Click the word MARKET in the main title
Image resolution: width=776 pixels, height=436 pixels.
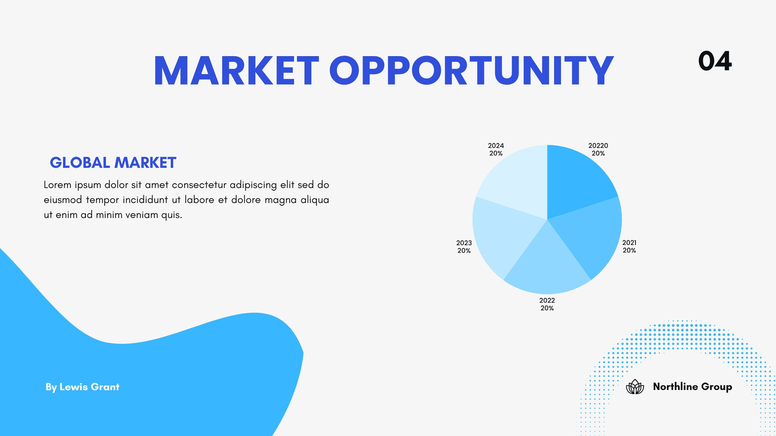(x=236, y=71)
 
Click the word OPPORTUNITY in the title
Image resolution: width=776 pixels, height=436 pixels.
(x=471, y=71)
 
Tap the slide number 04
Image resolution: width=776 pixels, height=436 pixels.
(x=715, y=61)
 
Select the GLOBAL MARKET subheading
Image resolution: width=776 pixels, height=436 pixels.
(x=113, y=163)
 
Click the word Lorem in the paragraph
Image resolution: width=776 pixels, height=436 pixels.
(x=58, y=185)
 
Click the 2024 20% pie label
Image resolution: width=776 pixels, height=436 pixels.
(x=496, y=150)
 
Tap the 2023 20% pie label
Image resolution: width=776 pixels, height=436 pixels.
(x=464, y=247)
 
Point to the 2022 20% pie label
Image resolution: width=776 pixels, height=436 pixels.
(x=547, y=304)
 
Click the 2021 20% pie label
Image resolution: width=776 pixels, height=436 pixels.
(x=629, y=247)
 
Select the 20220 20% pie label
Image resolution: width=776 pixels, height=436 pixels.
(x=598, y=150)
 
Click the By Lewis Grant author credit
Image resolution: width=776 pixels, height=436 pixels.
(x=82, y=387)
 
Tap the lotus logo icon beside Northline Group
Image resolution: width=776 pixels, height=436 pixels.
(x=635, y=387)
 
